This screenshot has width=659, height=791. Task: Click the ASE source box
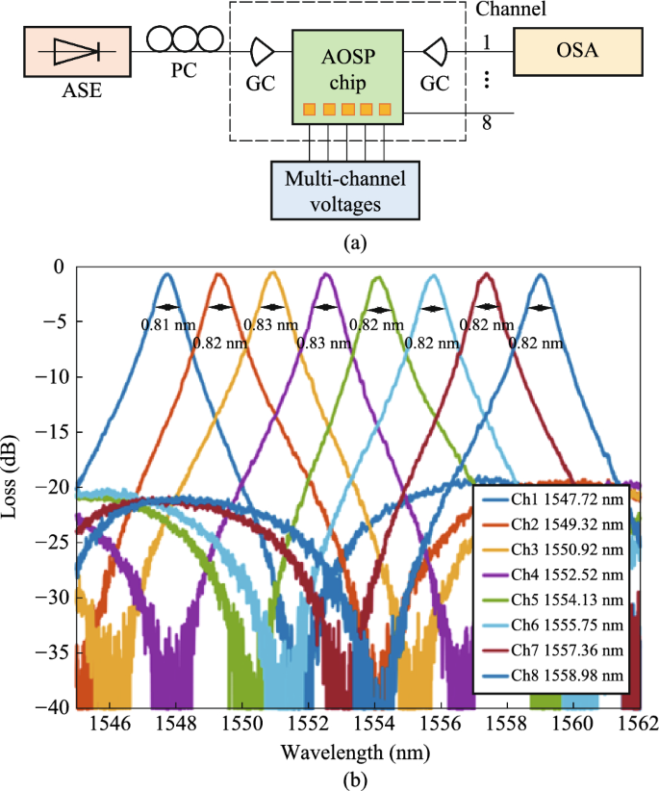tap(79, 54)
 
